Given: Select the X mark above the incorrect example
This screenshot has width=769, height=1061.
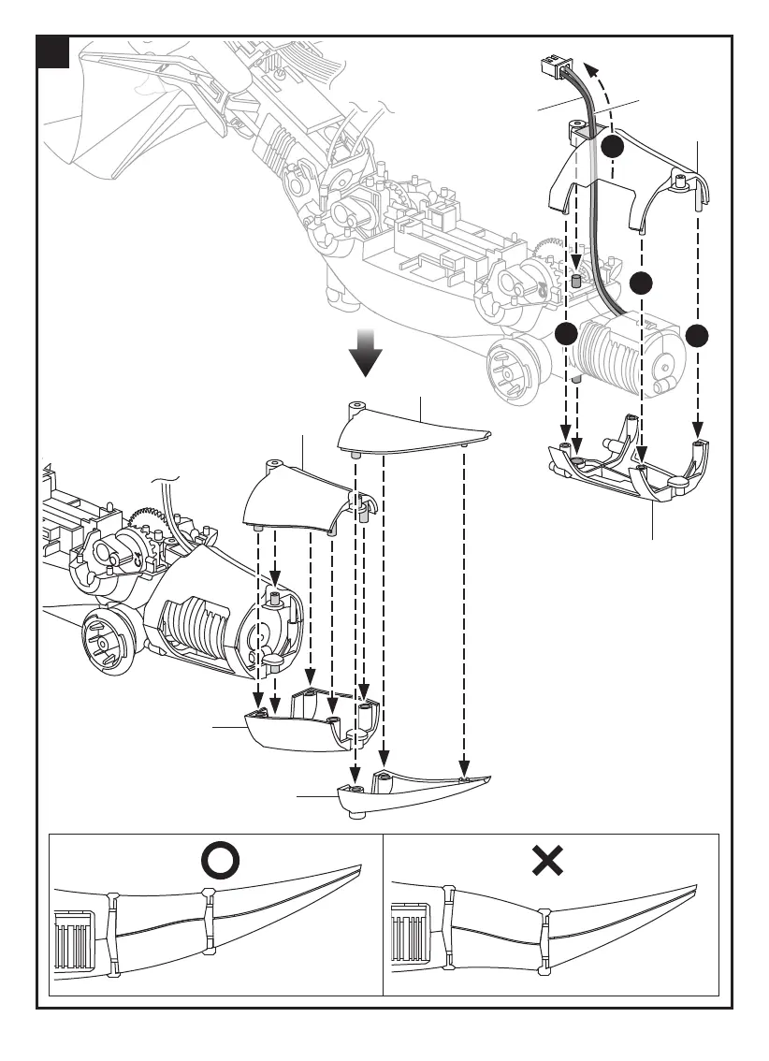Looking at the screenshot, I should click(546, 860).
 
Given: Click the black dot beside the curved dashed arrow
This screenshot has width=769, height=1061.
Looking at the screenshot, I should click(612, 147).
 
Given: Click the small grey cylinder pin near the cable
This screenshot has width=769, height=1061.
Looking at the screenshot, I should click(577, 280).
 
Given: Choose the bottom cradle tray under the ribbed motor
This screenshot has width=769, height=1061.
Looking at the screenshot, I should click(627, 468).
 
